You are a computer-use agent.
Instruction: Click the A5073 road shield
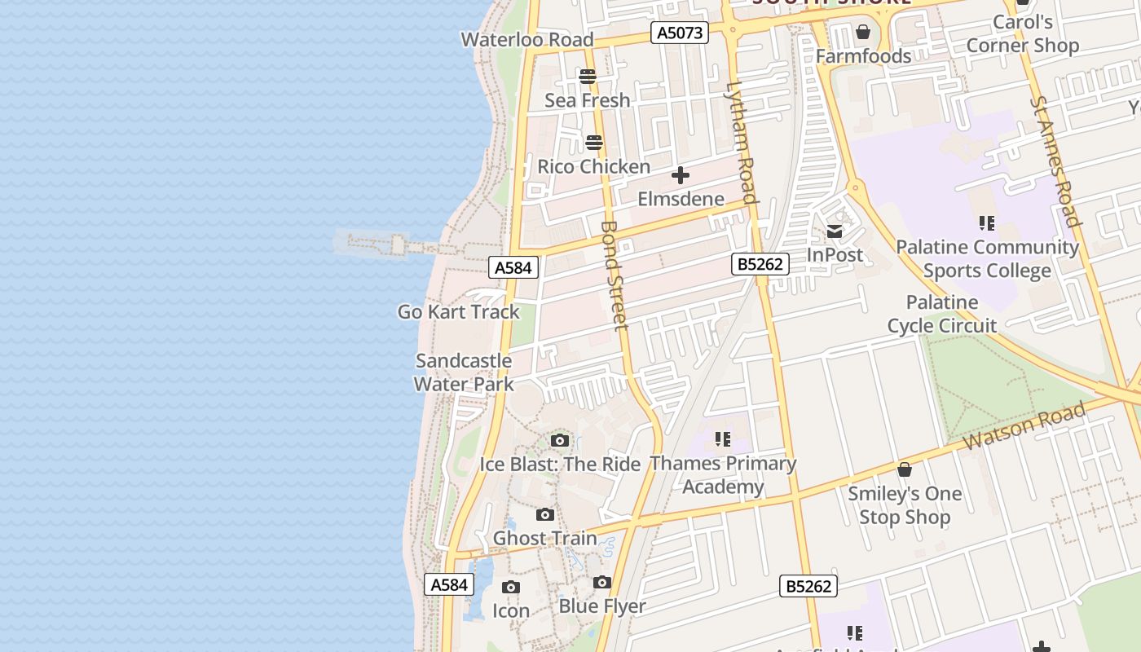680,33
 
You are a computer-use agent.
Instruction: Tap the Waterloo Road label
526,39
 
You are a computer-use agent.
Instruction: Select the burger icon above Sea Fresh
588,77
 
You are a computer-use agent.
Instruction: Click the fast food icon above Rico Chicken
594,143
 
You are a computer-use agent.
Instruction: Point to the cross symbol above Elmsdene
680,175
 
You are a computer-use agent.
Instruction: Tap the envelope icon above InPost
835,231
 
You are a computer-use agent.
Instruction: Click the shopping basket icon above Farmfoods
863,33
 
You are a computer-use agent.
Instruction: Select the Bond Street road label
615,275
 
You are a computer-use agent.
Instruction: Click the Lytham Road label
742,142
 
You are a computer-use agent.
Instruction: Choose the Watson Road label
1024,426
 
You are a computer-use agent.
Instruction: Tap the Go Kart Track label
458,311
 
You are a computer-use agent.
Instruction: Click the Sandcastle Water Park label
464,372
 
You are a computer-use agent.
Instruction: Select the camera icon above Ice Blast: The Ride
559,441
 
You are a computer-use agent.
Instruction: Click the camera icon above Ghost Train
545,515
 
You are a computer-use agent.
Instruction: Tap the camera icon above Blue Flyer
602,582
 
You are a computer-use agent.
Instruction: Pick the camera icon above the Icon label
511,588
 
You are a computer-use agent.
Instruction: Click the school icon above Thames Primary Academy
722,440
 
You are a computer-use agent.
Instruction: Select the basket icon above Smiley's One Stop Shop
904,469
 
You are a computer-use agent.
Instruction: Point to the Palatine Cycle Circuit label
941,314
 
